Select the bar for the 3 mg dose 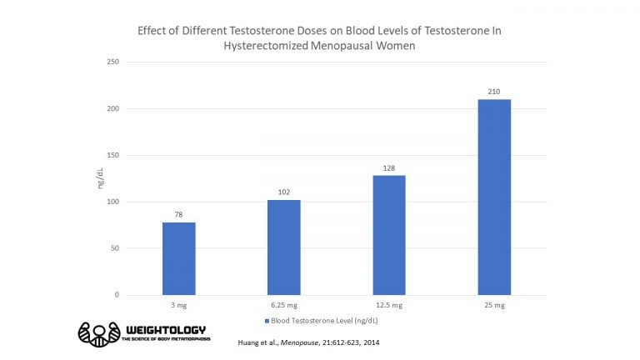[178, 258]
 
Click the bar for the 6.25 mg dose [283, 247]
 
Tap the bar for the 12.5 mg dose [389, 235]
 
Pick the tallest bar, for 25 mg [494, 197]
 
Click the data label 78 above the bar [178, 215]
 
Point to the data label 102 [283, 192]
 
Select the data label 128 [389, 168]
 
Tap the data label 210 [494, 92]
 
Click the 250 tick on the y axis [113, 62]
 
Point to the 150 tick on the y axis [113, 155]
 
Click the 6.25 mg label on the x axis [283, 307]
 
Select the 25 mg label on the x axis [494, 307]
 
